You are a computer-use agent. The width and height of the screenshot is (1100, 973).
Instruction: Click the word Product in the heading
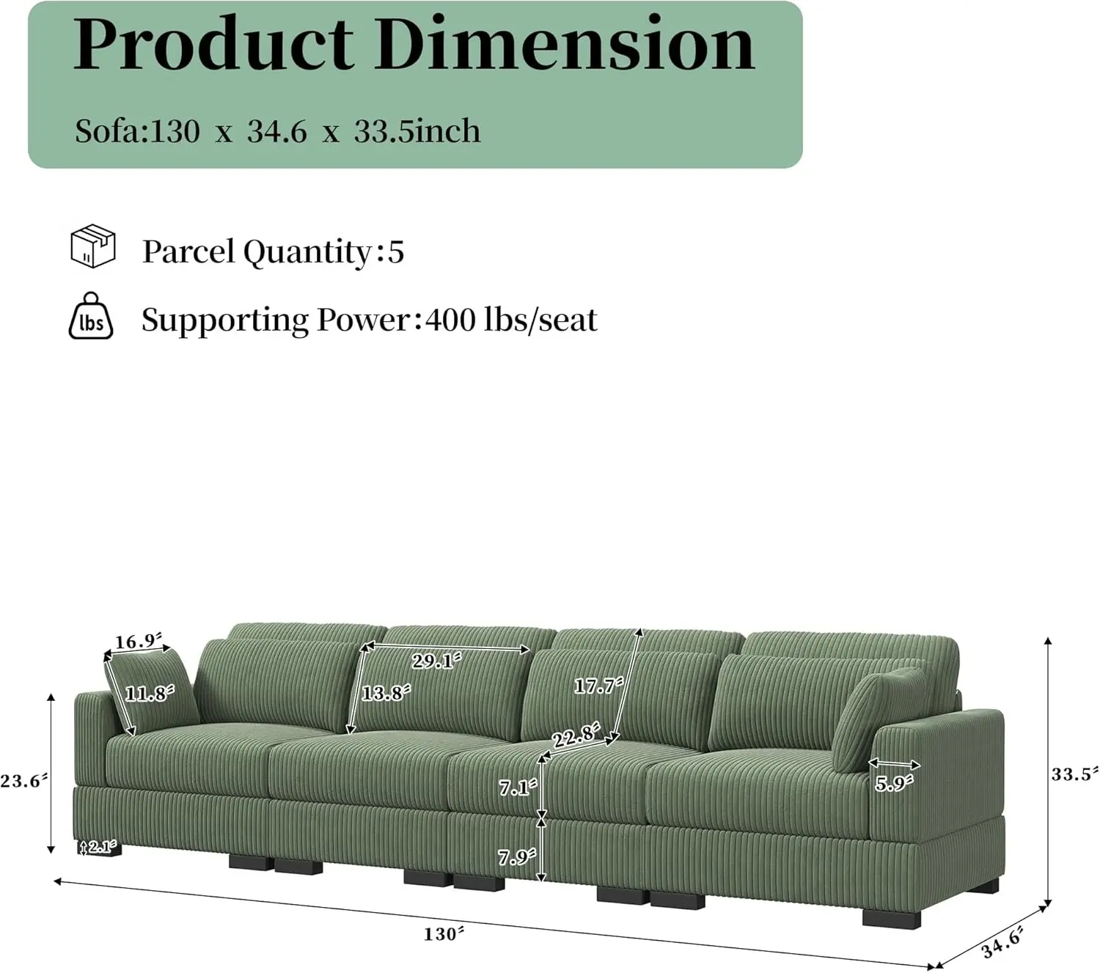[x=213, y=45]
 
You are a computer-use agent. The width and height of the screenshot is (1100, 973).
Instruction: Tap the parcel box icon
[x=92, y=246]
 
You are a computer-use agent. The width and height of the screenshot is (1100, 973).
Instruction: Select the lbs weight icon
[x=91, y=317]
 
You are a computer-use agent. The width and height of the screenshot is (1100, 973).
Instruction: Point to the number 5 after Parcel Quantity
[x=396, y=251]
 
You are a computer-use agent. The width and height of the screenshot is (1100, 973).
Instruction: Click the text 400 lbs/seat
[x=511, y=320]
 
